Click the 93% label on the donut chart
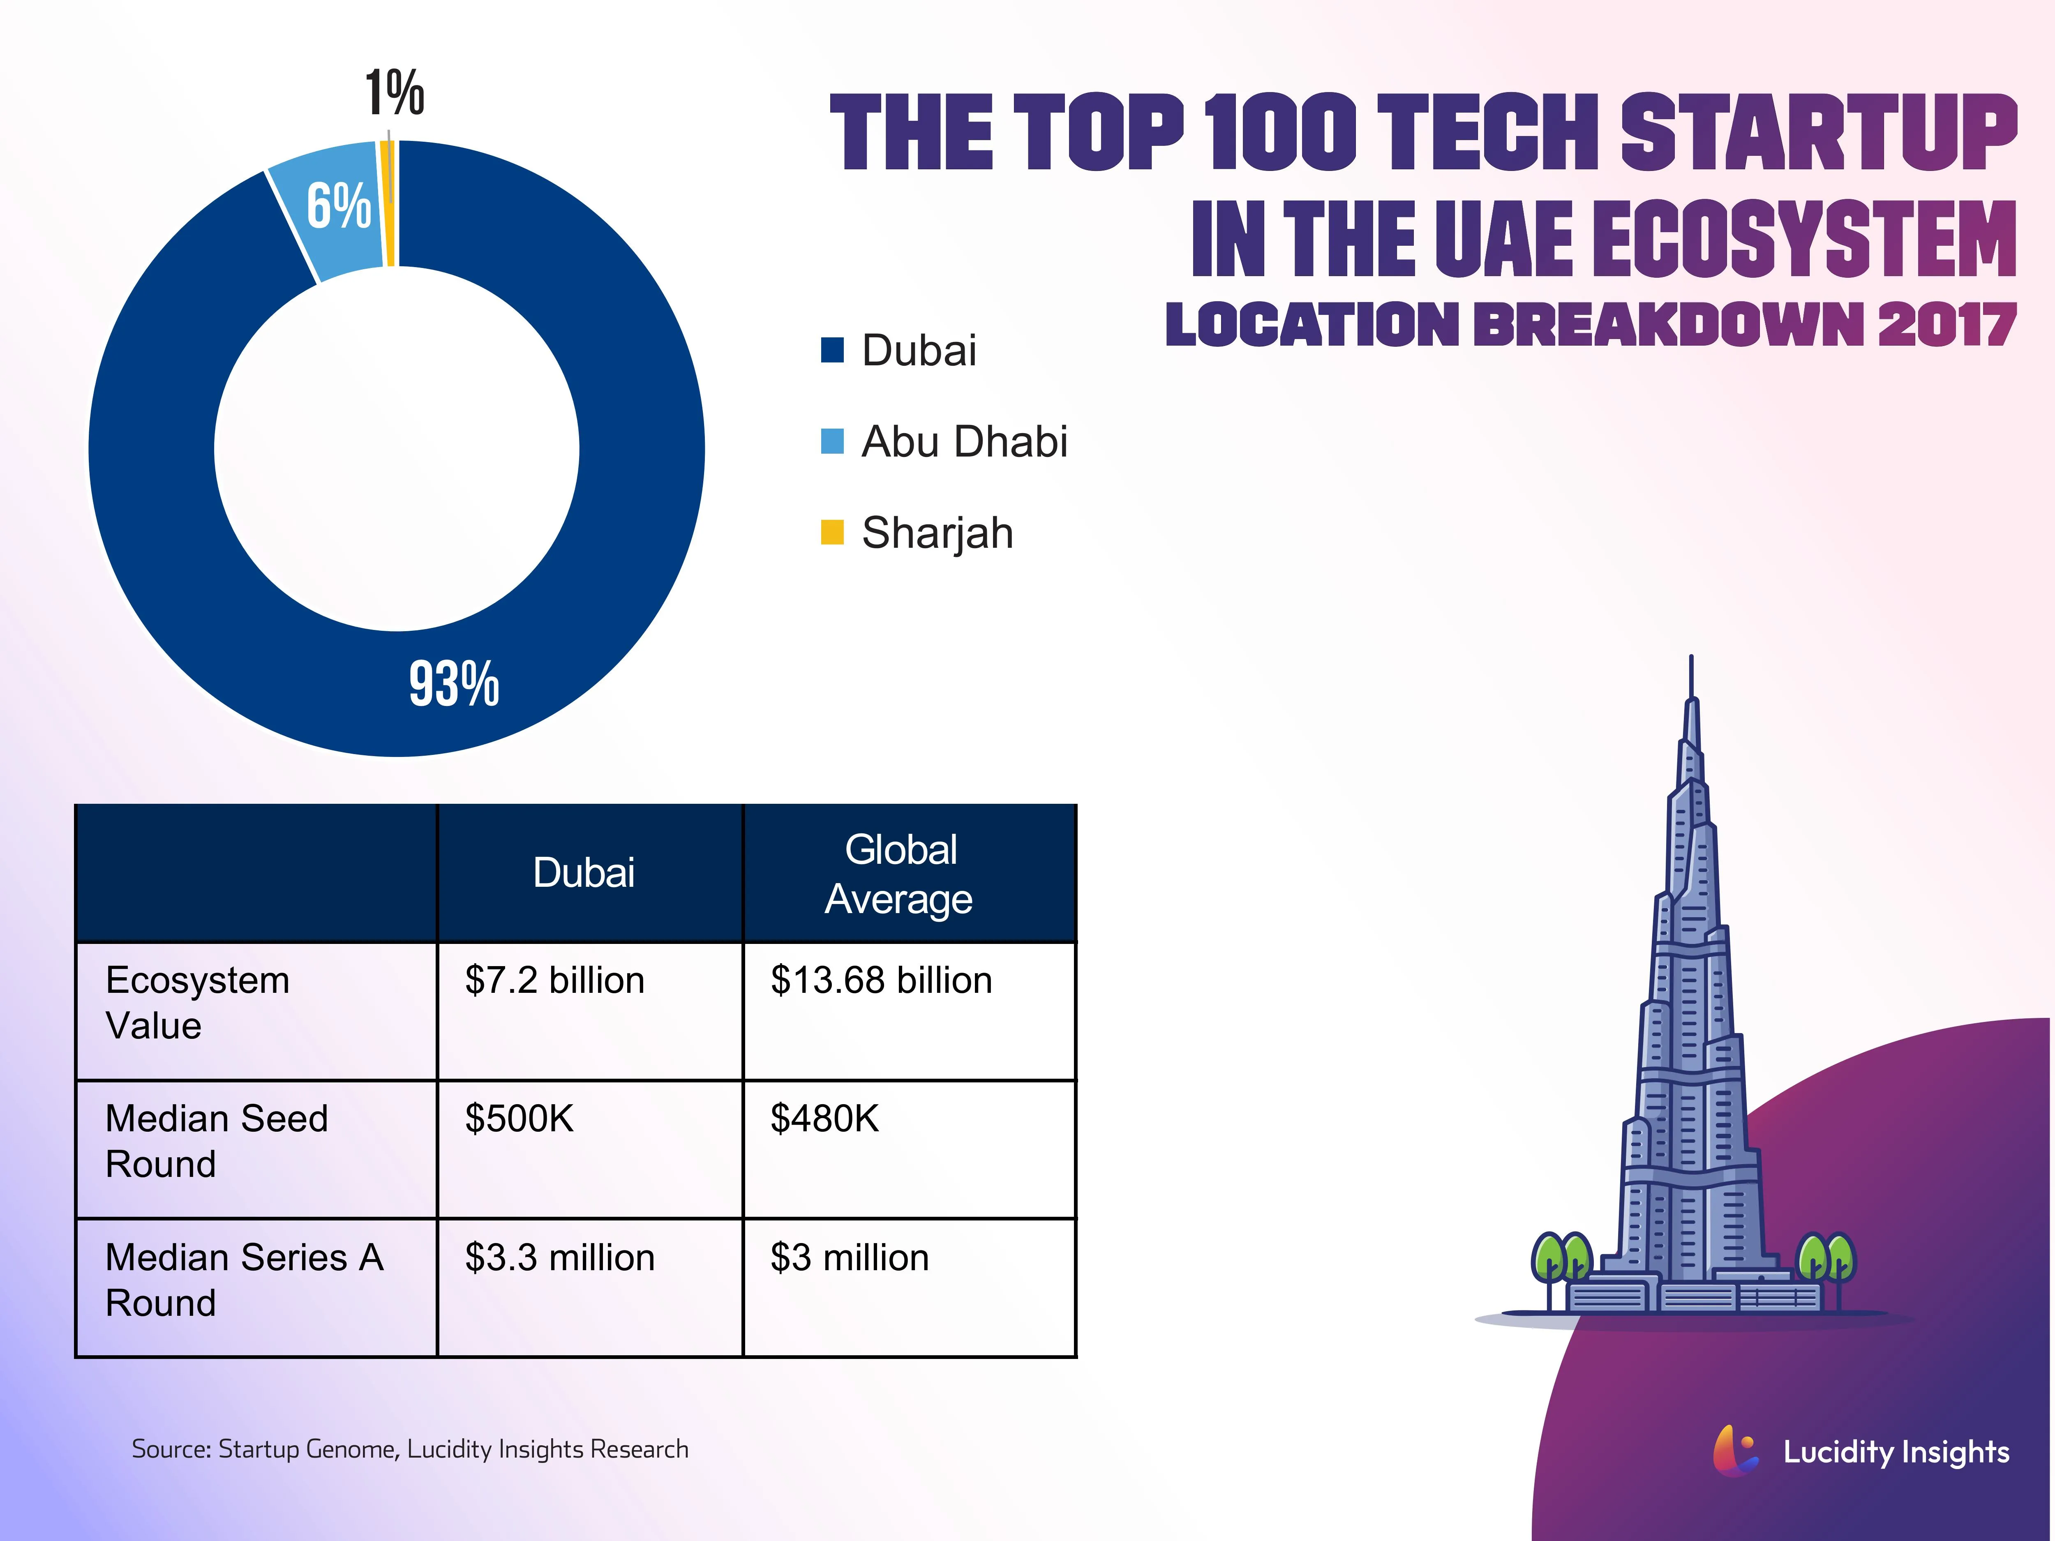tap(454, 685)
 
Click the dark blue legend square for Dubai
tap(831, 350)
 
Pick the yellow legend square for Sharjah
tap(831, 532)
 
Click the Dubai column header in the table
tap(584, 873)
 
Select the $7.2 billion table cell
tap(554, 981)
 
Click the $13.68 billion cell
tap(881, 981)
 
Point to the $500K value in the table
tap(520, 1119)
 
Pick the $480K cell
tap(824, 1119)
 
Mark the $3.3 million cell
tap(559, 1258)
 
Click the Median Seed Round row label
tap(217, 1141)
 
